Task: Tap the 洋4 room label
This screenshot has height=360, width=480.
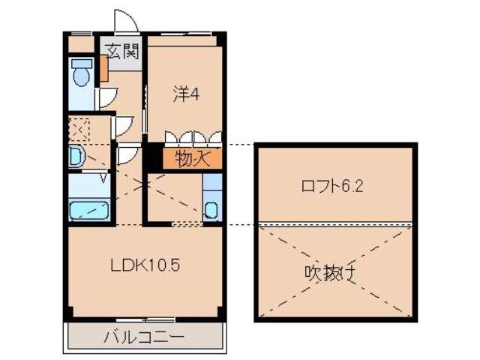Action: click(x=185, y=95)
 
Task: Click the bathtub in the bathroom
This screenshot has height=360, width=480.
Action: click(x=90, y=209)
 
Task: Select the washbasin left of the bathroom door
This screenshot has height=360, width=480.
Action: click(x=76, y=157)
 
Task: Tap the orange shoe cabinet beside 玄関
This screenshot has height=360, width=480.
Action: click(x=103, y=69)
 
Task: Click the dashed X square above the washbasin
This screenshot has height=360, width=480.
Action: click(x=78, y=129)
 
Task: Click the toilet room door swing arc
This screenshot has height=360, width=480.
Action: click(x=108, y=96)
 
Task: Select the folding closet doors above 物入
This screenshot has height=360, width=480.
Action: click(x=193, y=138)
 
